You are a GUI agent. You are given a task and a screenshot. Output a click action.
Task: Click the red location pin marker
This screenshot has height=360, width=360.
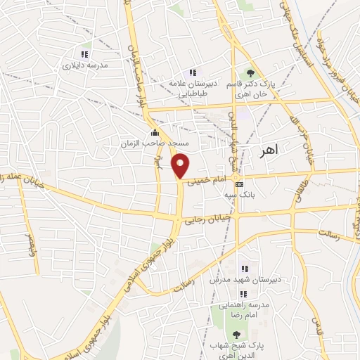[181, 165]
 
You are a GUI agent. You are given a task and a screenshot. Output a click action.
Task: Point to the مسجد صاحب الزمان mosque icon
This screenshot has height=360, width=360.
[155, 133]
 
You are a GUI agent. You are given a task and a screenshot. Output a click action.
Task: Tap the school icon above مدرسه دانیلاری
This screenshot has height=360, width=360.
[85, 54]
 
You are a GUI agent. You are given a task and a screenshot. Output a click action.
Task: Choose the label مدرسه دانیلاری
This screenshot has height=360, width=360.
[85, 65]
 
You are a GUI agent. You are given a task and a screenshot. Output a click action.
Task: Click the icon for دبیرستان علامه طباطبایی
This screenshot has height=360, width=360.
[191, 72]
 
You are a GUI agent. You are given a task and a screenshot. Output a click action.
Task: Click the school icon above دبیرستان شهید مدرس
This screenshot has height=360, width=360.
[244, 269]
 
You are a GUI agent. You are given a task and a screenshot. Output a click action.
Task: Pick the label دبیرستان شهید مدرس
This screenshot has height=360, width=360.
[244, 279]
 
